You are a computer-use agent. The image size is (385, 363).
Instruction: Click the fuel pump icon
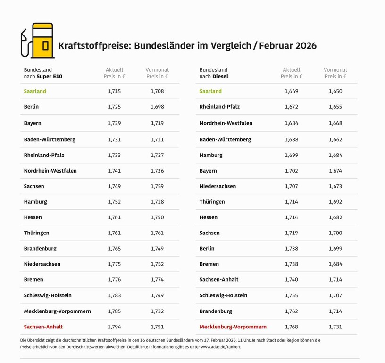tap(38, 41)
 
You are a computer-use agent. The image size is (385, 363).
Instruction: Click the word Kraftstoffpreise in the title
tap(94, 46)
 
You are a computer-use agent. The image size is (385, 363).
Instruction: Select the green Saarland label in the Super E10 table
tap(35, 91)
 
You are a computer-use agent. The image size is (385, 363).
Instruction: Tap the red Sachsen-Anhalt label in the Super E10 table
tap(43, 327)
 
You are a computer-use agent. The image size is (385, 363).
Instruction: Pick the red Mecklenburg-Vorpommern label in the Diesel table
tap(233, 327)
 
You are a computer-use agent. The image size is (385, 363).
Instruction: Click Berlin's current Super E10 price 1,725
tap(114, 107)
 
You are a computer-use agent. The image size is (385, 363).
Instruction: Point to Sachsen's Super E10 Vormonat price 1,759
tap(157, 186)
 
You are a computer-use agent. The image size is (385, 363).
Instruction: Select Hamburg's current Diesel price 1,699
tap(292, 155)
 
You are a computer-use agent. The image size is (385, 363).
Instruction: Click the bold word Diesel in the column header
tap(220, 76)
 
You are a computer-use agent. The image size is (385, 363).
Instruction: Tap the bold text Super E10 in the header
tap(50, 76)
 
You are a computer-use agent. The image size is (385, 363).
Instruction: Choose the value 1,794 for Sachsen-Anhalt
tap(114, 327)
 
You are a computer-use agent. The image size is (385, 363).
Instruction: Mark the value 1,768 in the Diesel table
tap(292, 327)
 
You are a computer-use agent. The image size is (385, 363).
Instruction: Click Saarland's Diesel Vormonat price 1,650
tap(335, 91)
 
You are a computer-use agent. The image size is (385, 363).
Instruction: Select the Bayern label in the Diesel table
tap(208, 171)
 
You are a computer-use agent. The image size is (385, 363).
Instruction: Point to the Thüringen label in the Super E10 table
tap(36, 233)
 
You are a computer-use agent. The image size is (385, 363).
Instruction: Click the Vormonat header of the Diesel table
tap(335, 70)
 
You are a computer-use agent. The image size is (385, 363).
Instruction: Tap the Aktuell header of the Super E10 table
tap(114, 70)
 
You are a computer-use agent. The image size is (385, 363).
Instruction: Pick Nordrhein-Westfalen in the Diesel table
tap(226, 123)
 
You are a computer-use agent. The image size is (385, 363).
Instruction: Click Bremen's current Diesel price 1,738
tap(292, 264)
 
